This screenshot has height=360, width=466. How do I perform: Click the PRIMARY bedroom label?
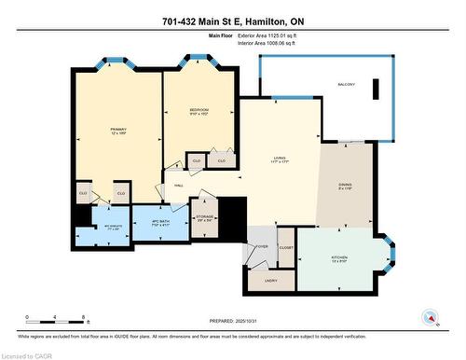coord(118,131)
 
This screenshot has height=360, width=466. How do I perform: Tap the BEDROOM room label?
coord(199,112)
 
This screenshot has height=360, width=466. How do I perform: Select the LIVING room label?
coord(276,160)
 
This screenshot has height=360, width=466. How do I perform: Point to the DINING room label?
coord(345,186)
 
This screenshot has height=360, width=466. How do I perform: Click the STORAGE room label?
coord(205,218)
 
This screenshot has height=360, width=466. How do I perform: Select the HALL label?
coord(178,185)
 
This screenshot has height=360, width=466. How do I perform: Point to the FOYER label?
coord(263,246)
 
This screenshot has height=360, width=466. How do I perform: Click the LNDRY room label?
coord(270,280)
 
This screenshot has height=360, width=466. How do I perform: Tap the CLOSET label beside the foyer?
coord(286,247)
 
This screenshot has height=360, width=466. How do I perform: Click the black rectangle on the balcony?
coord(376,90)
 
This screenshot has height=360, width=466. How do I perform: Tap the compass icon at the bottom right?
coord(430,317)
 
